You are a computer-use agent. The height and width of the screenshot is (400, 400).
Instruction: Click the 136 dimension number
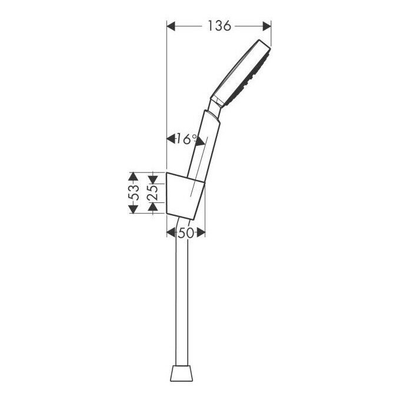pyautogui.click(x=219, y=26)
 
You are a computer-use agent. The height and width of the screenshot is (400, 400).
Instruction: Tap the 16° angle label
pyautogui.click(x=186, y=139)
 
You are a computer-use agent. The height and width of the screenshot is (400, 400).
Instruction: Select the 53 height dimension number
pyautogui.click(x=134, y=192)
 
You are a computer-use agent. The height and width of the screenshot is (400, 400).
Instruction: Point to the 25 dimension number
pyautogui.click(x=152, y=193)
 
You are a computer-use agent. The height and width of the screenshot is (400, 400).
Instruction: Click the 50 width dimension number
pyautogui.click(x=186, y=233)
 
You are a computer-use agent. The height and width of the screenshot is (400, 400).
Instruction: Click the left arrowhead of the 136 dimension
pyautogui.click(x=171, y=26)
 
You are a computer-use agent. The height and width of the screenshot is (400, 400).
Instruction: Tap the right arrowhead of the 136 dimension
pyautogui.click(x=266, y=26)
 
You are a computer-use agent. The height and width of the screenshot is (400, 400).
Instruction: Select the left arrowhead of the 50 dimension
pyautogui.click(x=171, y=233)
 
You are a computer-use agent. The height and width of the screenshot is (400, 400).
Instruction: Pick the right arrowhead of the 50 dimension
pyautogui.click(x=201, y=233)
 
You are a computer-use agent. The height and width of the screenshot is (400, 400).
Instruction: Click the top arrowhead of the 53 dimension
pyautogui.click(x=133, y=177)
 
